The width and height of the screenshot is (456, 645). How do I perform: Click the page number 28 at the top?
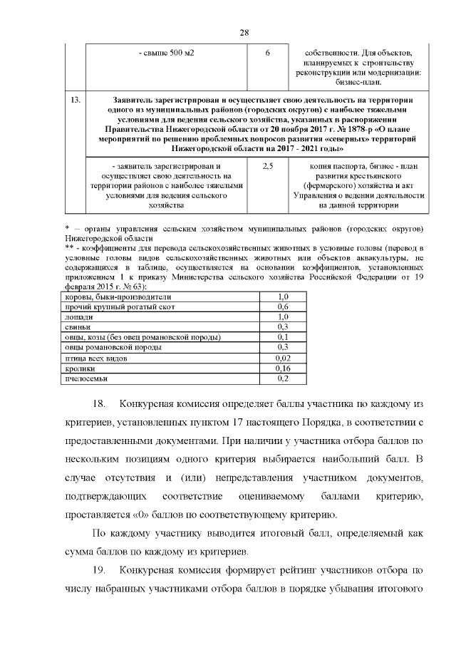click(244, 33)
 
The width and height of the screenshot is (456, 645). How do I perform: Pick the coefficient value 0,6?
click(282, 306)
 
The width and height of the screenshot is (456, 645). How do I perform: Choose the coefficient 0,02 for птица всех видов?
click(282, 358)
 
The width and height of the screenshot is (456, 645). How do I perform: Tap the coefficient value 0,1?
click(282, 337)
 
